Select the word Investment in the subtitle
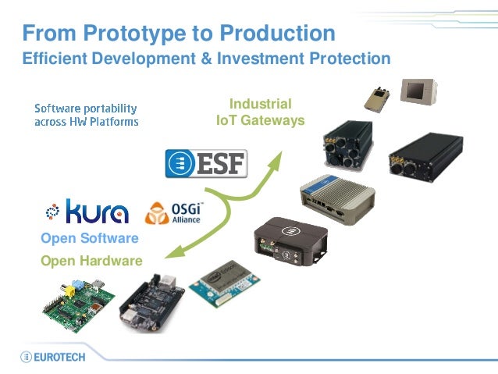click(263, 59)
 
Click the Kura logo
click(87, 211)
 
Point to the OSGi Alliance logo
click(174, 212)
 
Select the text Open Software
click(89, 238)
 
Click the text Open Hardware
click(91, 261)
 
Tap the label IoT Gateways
click(260, 121)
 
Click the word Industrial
click(260, 104)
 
